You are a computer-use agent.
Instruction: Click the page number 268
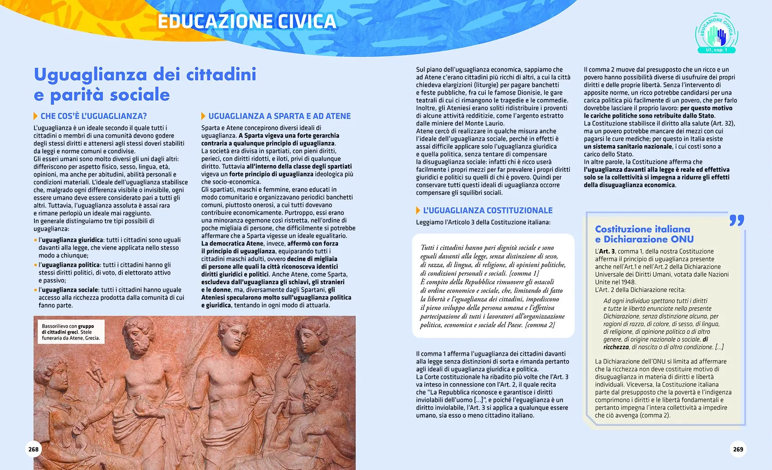(34, 449)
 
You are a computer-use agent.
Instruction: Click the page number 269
(738, 449)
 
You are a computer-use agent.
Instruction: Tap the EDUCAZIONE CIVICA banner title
(247, 21)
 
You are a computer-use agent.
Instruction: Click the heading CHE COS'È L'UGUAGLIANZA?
(94, 116)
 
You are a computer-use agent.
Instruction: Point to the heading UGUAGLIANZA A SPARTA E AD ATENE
(279, 116)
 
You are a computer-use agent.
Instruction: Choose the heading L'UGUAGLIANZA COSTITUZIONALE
(488, 211)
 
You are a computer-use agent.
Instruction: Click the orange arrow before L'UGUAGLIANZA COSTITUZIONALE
(418, 211)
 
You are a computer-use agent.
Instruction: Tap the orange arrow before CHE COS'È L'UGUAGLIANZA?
(36, 116)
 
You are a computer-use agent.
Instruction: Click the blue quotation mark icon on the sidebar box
(737, 220)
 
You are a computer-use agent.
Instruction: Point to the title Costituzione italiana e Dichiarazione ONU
(644, 234)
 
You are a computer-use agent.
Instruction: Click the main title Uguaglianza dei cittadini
(145, 75)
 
